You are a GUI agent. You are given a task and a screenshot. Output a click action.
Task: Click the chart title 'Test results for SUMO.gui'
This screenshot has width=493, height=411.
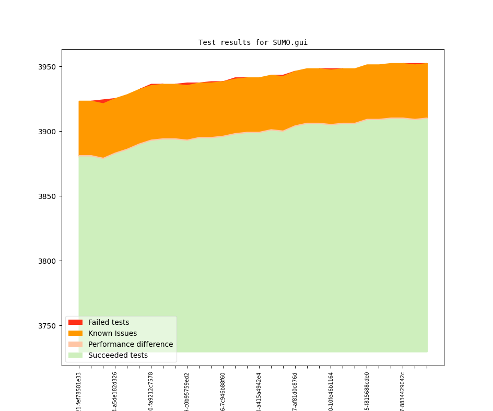(253, 43)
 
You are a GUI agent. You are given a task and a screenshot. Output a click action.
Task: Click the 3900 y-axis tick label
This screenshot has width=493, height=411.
(49, 132)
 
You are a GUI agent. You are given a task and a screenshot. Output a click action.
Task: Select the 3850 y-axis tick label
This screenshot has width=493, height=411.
(49, 196)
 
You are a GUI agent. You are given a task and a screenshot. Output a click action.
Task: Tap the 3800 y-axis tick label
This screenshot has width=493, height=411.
(49, 261)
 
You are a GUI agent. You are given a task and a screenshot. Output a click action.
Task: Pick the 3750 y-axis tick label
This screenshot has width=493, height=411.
(49, 326)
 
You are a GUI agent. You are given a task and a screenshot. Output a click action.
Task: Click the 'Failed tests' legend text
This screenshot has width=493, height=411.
(109, 322)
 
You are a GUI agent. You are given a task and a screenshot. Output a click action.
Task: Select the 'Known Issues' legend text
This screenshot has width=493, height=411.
(112, 333)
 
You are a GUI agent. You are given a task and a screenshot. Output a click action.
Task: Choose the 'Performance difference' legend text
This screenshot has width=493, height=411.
(131, 344)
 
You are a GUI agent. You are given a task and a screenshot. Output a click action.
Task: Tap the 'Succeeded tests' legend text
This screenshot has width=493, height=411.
(118, 355)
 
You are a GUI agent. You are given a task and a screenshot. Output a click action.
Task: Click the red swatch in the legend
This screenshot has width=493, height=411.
(75, 322)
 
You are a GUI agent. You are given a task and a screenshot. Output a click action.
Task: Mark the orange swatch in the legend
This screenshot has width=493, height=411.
(75, 333)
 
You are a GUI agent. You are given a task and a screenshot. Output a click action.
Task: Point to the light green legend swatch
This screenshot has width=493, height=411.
(75, 355)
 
